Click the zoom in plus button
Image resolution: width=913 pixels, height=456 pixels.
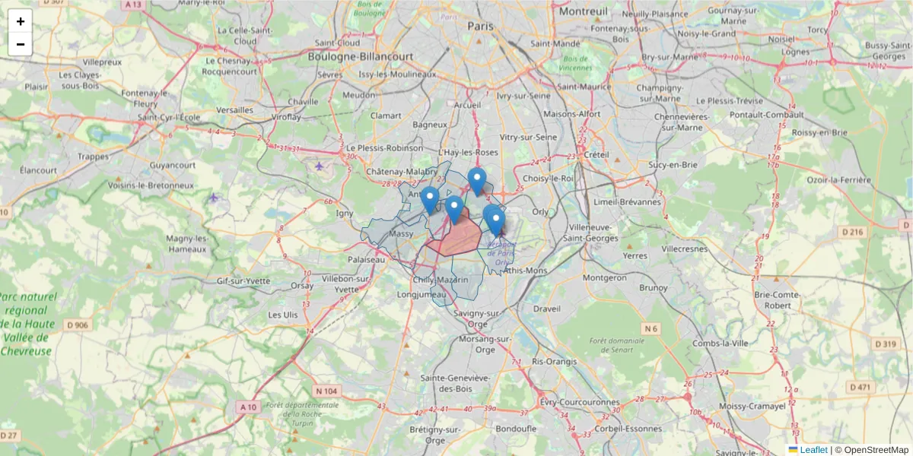(21, 21)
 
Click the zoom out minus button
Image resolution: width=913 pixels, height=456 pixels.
(21, 44)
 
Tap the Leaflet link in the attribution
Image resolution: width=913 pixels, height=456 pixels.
(813, 450)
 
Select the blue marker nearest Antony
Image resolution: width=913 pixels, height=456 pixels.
(430, 199)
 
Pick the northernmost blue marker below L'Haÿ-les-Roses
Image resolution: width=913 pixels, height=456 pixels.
(477, 181)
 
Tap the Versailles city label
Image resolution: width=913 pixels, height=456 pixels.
(234, 109)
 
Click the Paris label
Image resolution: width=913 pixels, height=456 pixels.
(481, 26)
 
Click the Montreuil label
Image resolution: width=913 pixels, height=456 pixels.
(584, 11)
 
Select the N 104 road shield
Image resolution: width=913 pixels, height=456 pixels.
(325, 391)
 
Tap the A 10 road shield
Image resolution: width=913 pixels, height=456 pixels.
(249, 407)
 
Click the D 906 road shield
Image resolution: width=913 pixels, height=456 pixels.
(77, 325)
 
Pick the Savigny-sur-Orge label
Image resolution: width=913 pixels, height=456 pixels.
(476, 318)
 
